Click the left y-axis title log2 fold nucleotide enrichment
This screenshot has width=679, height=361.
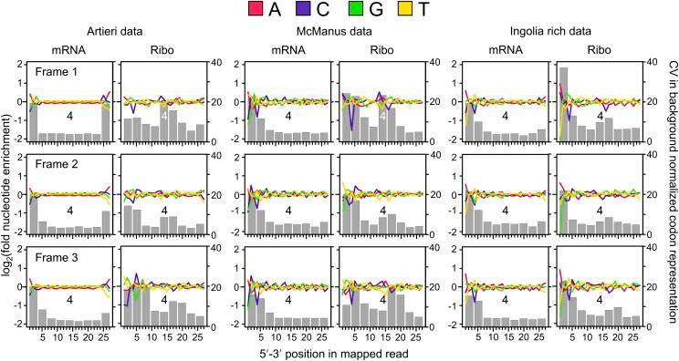pos(8,192)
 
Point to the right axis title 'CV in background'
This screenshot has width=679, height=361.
pos(668,192)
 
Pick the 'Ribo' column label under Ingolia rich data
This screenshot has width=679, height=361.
pos(594,51)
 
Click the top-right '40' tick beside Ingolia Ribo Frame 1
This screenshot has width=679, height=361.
pos(644,63)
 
